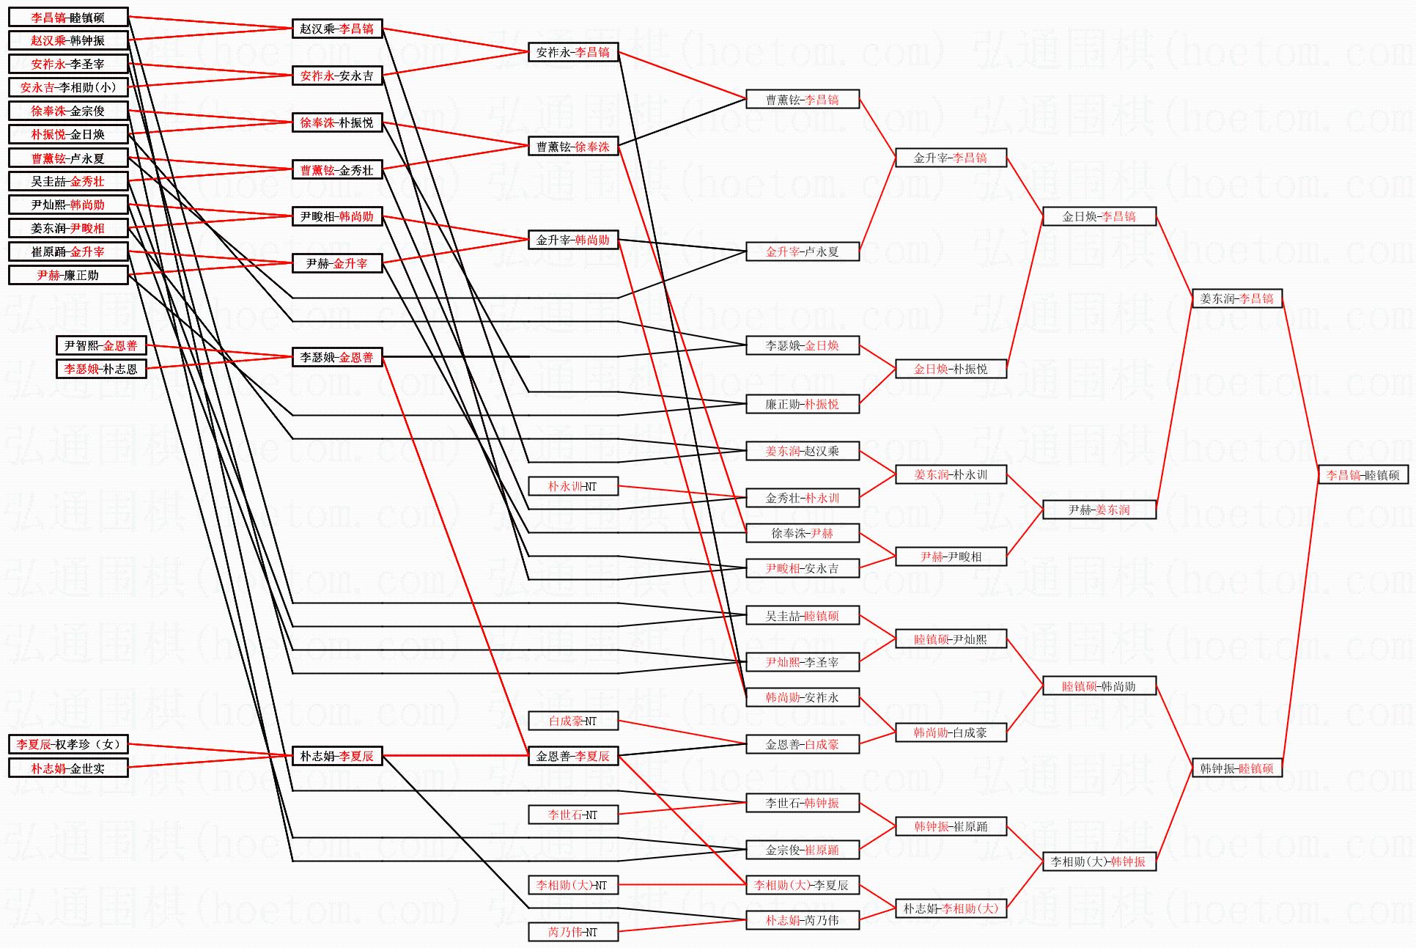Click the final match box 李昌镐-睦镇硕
1362,475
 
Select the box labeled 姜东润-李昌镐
1236,298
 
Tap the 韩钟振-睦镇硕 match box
1236,768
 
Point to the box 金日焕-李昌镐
1099,216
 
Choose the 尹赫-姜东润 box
1099,510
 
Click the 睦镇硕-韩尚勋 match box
1099,686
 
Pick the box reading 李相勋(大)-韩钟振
1099,861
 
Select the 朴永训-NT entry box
572,486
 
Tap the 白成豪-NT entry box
572,721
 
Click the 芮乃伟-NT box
572,932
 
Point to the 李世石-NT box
572,815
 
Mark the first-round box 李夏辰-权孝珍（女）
68,744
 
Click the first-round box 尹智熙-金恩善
100,345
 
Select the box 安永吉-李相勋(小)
68,87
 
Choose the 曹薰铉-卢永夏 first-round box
68,158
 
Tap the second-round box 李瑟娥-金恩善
336,357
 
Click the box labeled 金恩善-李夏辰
572,756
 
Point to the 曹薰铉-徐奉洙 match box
572,147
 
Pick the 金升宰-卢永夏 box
802,251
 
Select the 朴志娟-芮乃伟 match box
802,920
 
